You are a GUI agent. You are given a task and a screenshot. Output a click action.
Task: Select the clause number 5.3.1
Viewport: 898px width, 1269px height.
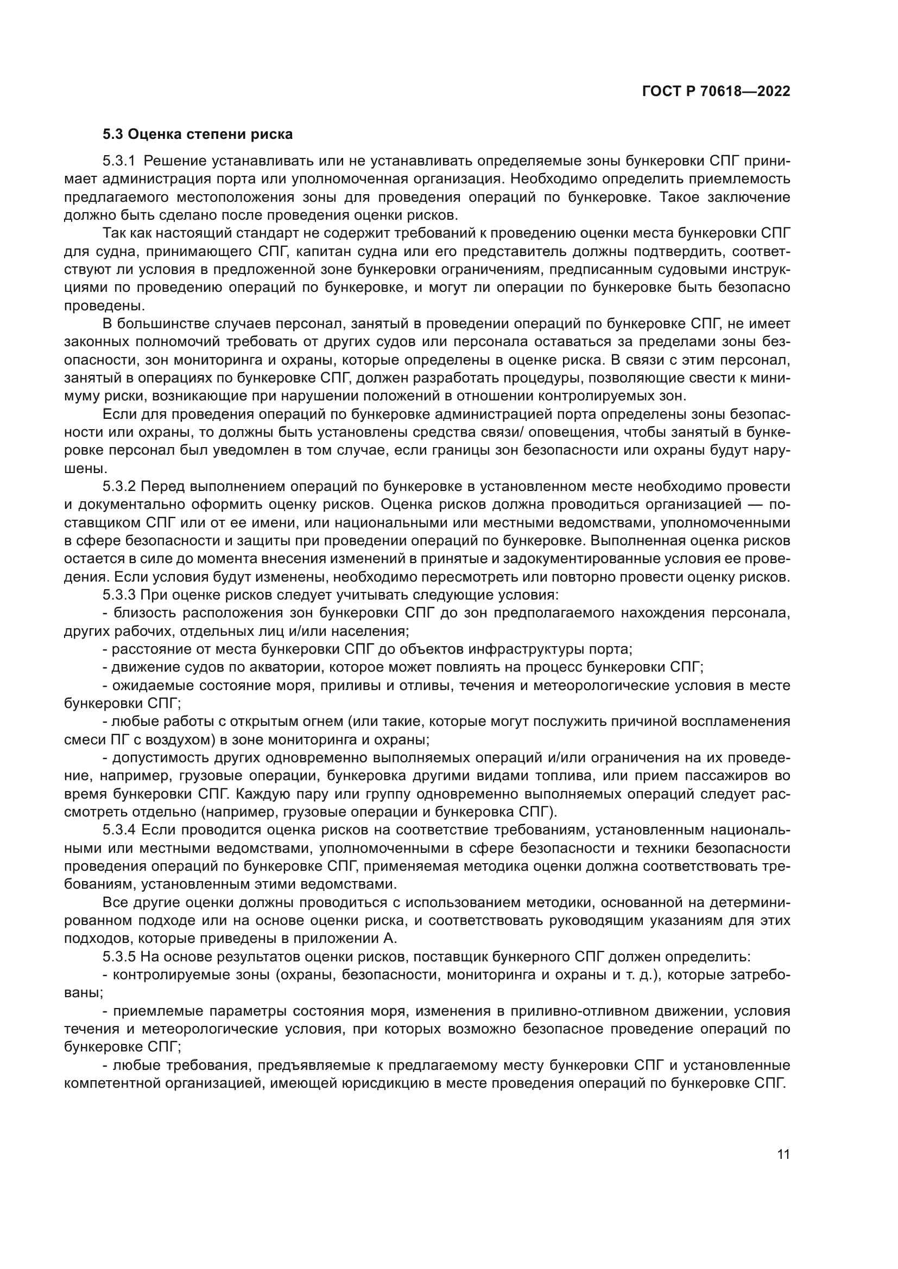[119, 161]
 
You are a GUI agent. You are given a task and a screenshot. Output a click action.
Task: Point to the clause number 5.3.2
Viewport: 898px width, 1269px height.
[119, 486]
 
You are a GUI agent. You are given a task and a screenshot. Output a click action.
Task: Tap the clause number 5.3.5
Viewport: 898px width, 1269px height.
[119, 956]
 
